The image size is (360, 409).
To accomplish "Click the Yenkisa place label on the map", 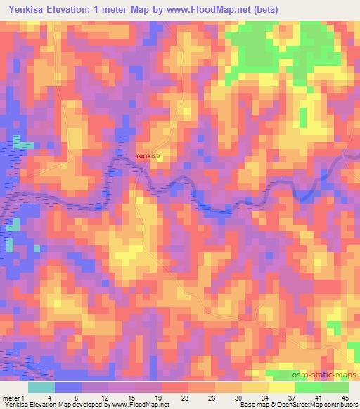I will click(x=148, y=155).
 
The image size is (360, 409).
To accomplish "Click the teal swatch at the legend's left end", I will click(x=41, y=387).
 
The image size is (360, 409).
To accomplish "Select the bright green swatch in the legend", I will click(x=307, y=387).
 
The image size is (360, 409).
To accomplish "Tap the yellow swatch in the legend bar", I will click(x=254, y=387).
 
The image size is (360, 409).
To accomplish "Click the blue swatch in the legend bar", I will click(x=68, y=387).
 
